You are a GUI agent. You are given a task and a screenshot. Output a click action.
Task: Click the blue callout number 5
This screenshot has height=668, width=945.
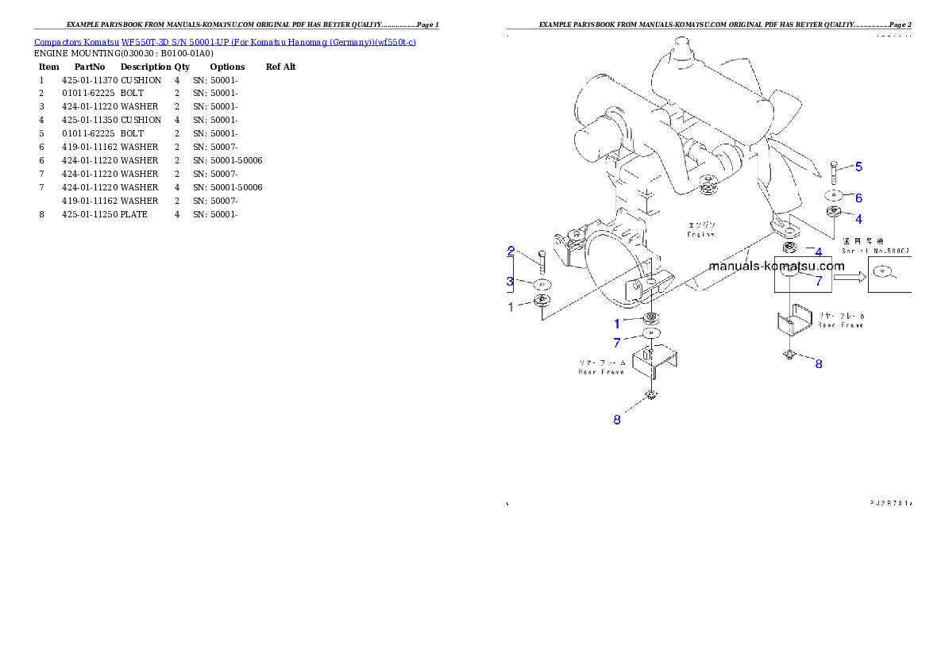point(858,167)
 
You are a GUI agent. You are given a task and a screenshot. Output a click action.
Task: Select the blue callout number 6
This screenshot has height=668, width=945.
point(858,198)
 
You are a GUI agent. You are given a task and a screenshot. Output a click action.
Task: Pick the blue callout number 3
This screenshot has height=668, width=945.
point(510,281)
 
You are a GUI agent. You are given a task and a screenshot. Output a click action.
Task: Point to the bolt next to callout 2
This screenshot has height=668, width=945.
point(542,260)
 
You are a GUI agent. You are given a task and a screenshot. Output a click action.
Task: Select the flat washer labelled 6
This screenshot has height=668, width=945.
point(832,195)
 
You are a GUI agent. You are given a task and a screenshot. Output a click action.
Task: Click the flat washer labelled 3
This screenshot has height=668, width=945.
point(542,283)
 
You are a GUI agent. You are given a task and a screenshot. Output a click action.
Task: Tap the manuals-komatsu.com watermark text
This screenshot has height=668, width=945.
point(777,267)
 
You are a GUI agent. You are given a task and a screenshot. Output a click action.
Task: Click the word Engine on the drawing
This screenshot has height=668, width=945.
point(700,234)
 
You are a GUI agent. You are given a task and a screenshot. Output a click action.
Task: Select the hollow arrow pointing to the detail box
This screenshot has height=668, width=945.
point(848,277)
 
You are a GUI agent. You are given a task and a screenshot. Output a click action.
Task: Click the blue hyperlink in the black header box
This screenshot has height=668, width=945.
point(225,42)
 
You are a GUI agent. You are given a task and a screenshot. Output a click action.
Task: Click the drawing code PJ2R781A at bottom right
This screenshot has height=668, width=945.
point(890,503)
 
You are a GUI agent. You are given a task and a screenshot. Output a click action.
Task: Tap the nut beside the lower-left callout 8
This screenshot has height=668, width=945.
point(650,396)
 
